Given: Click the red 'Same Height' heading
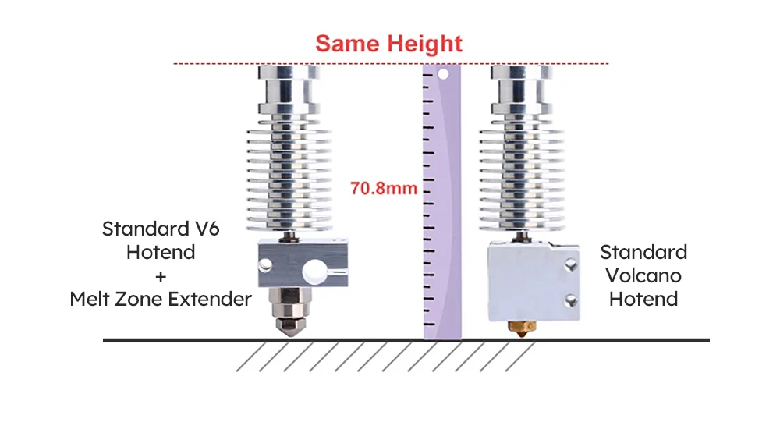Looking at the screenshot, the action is pos(388,43).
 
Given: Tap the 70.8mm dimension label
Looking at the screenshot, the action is pos(384,188).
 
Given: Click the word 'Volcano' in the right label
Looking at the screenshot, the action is pos(643,275).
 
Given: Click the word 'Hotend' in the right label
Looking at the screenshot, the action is pos(643,299).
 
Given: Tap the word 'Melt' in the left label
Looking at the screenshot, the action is pos(90,299).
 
